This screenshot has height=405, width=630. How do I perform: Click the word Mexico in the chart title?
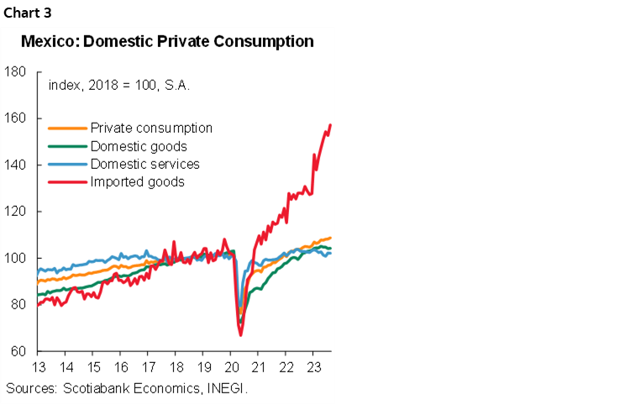coord(49,41)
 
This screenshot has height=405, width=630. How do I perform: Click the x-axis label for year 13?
coord(39,368)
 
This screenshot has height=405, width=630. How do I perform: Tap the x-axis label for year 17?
coord(148,368)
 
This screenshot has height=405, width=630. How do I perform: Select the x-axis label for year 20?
coord(229,368)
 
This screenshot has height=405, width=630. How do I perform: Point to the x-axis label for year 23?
coord(312,368)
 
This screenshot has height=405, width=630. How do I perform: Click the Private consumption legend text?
coord(151,129)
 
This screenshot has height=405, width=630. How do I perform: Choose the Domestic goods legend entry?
coord(139,146)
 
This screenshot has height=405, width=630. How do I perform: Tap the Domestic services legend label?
coord(144,164)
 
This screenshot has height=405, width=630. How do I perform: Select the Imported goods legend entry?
coord(137,181)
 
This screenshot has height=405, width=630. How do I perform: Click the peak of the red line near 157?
coord(330,125)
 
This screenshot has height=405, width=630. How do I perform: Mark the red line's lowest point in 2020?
coord(240,335)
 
